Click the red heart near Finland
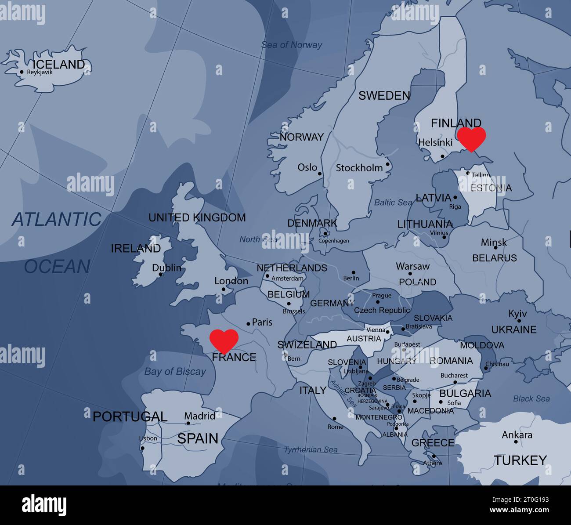471,138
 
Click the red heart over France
224,340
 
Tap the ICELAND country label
59,64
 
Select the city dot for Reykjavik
22,72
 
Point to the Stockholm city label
359,168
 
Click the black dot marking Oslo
320,174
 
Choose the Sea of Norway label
292,45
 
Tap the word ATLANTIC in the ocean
57,219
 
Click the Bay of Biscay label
175,372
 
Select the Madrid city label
200,416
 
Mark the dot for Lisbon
142,448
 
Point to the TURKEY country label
520,460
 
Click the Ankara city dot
516,442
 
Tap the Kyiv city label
517,314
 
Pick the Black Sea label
531,399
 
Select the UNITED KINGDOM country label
197,217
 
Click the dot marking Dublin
161,275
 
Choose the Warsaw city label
412,266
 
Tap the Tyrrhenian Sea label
311,449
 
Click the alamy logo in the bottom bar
44,505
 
